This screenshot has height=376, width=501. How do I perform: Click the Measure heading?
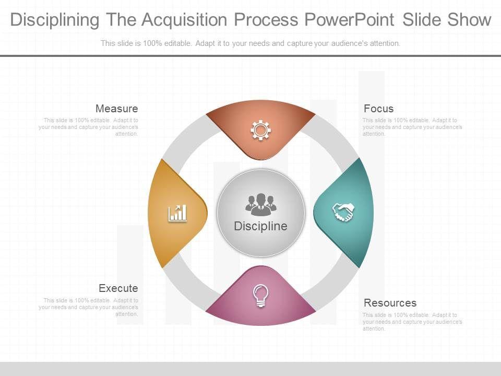coord(116,109)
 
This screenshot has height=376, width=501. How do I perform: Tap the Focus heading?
coord(378,109)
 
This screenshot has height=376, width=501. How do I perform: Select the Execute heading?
coord(118,288)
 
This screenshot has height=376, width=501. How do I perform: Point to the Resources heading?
coord(390,303)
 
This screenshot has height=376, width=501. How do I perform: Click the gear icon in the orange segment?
coord(260,130)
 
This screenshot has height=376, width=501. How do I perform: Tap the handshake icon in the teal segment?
coord(343,212)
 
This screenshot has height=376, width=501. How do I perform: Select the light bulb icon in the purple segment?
coord(260,296)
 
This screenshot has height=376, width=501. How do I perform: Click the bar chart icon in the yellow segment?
coord(177,213)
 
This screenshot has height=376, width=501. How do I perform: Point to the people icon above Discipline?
coord(260,204)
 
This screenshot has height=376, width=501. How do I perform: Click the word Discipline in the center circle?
coord(260,226)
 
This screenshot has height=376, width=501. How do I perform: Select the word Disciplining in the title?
coord(54,20)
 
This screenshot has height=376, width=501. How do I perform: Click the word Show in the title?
coord(469,20)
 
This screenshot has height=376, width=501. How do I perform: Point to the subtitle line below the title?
coord(250,43)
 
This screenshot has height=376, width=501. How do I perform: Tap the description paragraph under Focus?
coord(412,127)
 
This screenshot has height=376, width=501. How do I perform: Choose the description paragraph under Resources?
coord(412,322)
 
